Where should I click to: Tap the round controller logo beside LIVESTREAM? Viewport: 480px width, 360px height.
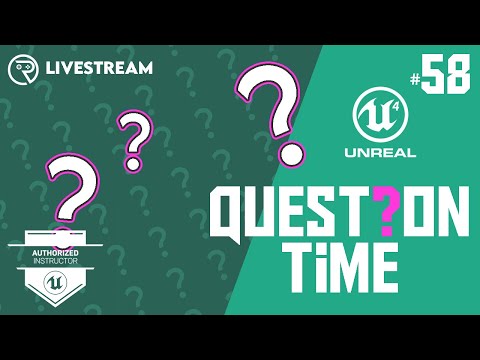tap(23, 69)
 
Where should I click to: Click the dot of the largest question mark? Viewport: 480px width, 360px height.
tap(290, 154)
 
